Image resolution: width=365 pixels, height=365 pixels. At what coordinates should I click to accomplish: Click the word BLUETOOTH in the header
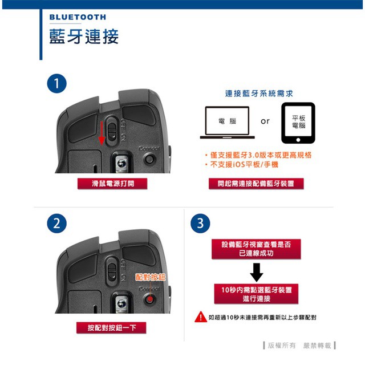click(x=78, y=17)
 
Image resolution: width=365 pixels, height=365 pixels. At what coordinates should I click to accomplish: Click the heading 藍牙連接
click(x=84, y=36)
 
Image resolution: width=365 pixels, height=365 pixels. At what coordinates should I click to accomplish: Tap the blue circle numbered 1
click(x=57, y=84)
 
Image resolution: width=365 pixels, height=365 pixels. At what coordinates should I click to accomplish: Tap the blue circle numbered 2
click(x=57, y=224)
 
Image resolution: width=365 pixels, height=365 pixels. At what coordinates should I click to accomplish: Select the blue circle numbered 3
click(x=200, y=224)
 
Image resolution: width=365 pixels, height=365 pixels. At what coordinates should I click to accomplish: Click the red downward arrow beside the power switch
click(x=102, y=133)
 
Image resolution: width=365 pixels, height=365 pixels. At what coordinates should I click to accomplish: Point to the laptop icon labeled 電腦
click(x=227, y=123)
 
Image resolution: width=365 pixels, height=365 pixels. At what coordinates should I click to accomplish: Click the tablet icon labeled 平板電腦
click(x=298, y=123)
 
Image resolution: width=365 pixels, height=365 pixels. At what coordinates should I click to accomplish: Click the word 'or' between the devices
click(x=265, y=121)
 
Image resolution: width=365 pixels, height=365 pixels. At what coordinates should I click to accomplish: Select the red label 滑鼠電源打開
click(x=112, y=184)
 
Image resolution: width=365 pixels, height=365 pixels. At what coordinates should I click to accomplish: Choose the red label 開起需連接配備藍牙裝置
click(x=256, y=184)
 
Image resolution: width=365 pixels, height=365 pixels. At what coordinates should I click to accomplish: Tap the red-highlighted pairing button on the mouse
click(x=150, y=299)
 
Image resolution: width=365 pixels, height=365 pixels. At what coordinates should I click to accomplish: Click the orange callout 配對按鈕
click(x=151, y=277)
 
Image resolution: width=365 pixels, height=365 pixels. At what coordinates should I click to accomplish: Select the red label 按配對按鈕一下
click(x=112, y=328)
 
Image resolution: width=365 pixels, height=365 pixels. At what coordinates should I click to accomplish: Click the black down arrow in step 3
click(x=257, y=273)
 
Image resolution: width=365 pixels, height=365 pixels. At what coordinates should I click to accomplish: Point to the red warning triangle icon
click(x=201, y=317)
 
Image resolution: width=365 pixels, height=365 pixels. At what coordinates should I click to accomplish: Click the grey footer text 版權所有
click(x=282, y=346)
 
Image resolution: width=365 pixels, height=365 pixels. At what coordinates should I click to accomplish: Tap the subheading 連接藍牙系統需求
click(x=259, y=94)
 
